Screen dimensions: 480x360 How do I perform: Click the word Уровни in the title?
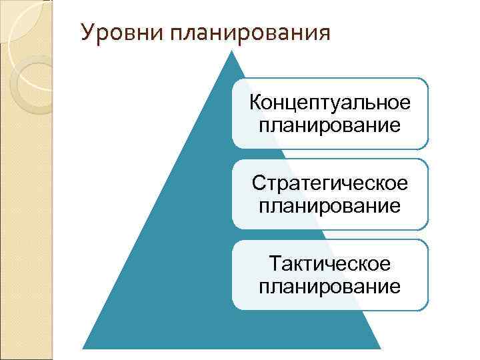[x=113, y=32]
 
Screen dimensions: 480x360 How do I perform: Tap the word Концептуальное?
[x=329, y=103]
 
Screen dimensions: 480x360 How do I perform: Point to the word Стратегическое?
[x=329, y=184]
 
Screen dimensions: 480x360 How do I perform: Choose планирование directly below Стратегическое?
[x=329, y=205]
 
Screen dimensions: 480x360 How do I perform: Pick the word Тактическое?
[x=329, y=265]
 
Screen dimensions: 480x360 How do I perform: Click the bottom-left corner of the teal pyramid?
[x=83, y=349]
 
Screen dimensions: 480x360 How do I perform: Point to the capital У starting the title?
[x=86, y=32]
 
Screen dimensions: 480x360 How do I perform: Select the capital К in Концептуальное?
[x=255, y=103]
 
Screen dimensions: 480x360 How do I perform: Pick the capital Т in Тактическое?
[x=275, y=265]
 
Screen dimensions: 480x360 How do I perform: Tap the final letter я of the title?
[x=324, y=33]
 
